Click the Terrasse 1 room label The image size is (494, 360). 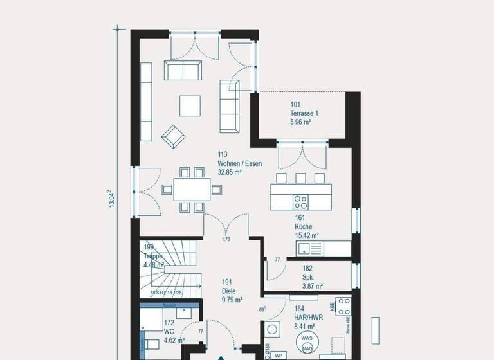click(x=304, y=113)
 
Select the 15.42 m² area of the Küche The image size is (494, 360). click(x=307, y=236)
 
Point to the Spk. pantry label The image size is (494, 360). click(x=307, y=277)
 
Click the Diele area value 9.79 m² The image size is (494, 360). click(x=231, y=300)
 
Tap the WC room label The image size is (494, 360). click(x=169, y=332)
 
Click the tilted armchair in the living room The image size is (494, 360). click(x=172, y=136)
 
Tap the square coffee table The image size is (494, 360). click(x=190, y=105)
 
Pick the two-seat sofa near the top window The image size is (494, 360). click(x=183, y=70)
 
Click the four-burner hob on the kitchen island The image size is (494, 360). click(x=301, y=201)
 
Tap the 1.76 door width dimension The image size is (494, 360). click(x=226, y=240)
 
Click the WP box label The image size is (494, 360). click(x=279, y=355)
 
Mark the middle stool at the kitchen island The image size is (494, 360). click(x=300, y=178)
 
